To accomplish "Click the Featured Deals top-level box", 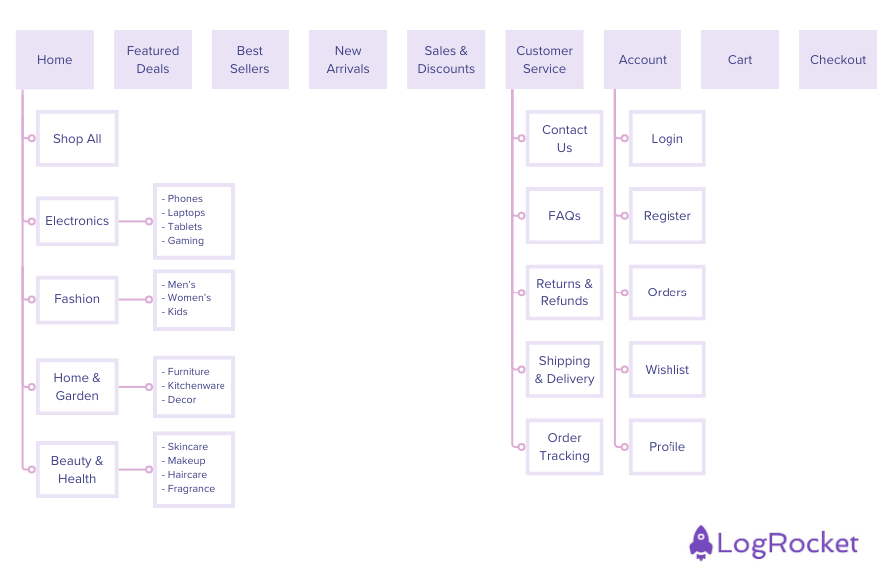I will click(x=153, y=60).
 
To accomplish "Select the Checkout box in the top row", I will click(x=837, y=60).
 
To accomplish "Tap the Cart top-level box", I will click(x=739, y=60).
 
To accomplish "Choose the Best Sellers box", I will click(x=250, y=60).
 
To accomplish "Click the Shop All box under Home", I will click(x=77, y=139).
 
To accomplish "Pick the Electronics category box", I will click(x=77, y=221).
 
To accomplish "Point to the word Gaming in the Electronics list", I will click(x=186, y=241).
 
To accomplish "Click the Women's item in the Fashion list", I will click(x=189, y=298).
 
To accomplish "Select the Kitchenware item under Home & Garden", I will click(x=196, y=386).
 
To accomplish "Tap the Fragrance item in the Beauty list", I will click(x=191, y=489).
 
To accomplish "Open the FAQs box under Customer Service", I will click(x=564, y=216).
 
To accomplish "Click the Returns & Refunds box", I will click(x=564, y=293).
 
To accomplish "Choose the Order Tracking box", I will click(x=564, y=447).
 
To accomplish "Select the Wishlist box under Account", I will click(x=667, y=370).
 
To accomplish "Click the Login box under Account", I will click(x=667, y=139).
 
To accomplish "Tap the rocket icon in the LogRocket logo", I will click(x=701, y=543).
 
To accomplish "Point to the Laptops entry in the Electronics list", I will click(x=186, y=213).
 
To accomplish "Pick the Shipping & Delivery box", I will click(x=564, y=370).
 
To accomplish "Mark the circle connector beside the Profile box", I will click(x=621, y=447).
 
